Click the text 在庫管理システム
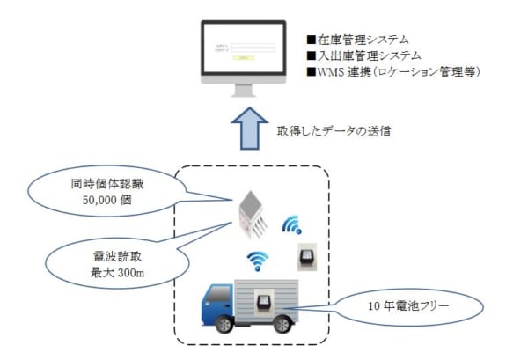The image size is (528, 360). pos(363,40)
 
